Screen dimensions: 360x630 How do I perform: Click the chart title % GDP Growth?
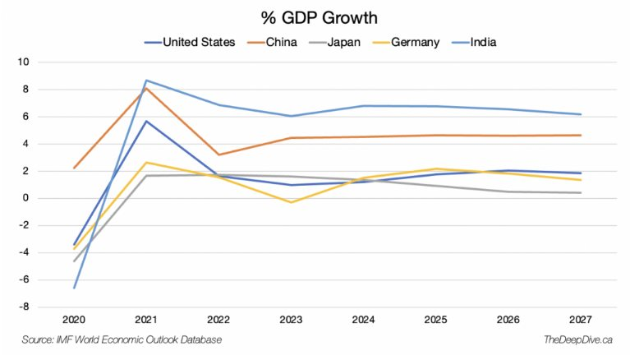(x=315, y=17)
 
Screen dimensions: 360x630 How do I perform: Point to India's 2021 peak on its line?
(x=145, y=81)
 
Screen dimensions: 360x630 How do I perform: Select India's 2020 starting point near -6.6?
(x=75, y=288)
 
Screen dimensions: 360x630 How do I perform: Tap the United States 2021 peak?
(x=145, y=121)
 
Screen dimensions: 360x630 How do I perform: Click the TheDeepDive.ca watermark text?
(x=578, y=339)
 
